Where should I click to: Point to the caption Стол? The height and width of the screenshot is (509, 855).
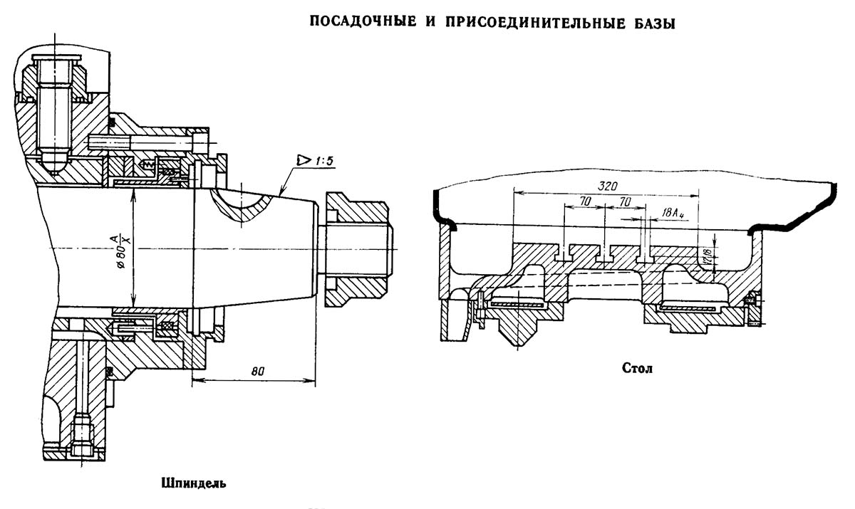[x=638, y=369]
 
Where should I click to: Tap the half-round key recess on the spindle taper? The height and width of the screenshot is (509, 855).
[x=242, y=203]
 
